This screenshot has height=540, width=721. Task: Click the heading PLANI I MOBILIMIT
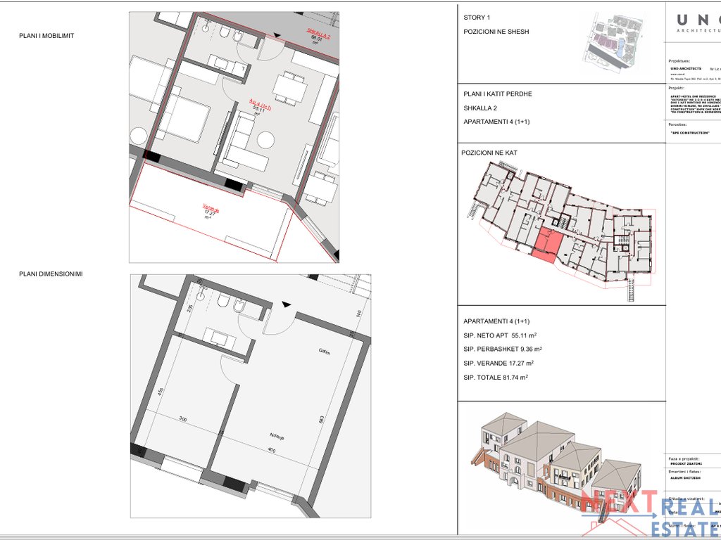click(x=46, y=36)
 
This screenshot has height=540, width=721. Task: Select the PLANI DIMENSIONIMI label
click(x=51, y=274)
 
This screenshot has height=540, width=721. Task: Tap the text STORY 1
click(x=477, y=18)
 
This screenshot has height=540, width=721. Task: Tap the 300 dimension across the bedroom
click(x=183, y=418)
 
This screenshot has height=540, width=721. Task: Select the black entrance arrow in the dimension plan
click(x=285, y=304)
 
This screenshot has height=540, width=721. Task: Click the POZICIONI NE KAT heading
click(x=493, y=153)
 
